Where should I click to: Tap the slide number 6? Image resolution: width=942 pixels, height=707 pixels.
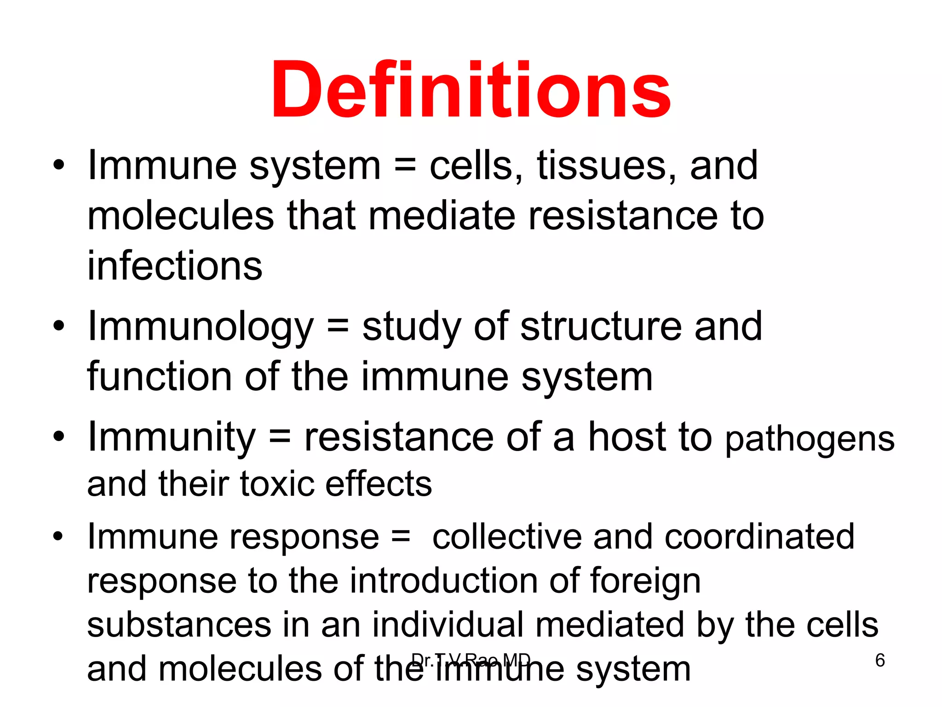coord(880,661)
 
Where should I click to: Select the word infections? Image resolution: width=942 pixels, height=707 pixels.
coord(175,266)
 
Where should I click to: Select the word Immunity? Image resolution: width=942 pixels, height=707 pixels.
coord(172,438)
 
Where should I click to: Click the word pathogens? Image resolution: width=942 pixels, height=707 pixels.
coord(810,440)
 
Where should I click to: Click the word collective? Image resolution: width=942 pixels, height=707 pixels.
coord(506,537)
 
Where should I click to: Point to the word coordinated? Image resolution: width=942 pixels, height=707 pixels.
coord(759,537)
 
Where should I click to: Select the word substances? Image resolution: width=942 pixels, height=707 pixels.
coord(179,625)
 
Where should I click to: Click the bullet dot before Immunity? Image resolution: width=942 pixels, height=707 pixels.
coord(58,436)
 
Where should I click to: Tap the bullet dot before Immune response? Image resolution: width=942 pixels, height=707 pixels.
coord(57,536)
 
